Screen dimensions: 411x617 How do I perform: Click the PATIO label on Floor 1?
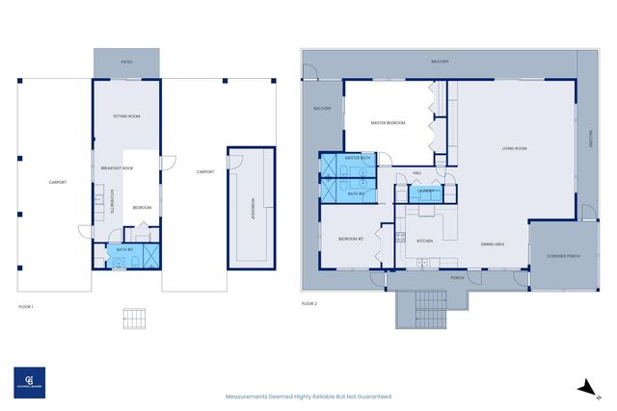(127, 63)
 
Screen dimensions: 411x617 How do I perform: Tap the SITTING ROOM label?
(127, 116)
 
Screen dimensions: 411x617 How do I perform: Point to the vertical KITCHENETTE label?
(112, 199)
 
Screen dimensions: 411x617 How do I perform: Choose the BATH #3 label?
(123, 249)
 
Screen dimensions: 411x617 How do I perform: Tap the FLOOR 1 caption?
(26, 305)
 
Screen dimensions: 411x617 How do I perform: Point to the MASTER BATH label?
(358, 158)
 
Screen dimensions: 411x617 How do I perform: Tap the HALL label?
(417, 173)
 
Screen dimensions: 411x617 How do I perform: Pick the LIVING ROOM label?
(514, 148)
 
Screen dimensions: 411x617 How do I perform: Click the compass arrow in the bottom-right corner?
(583, 387)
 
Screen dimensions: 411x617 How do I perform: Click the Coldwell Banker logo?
(28, 381)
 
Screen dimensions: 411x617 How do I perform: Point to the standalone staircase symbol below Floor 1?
(134, 319)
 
